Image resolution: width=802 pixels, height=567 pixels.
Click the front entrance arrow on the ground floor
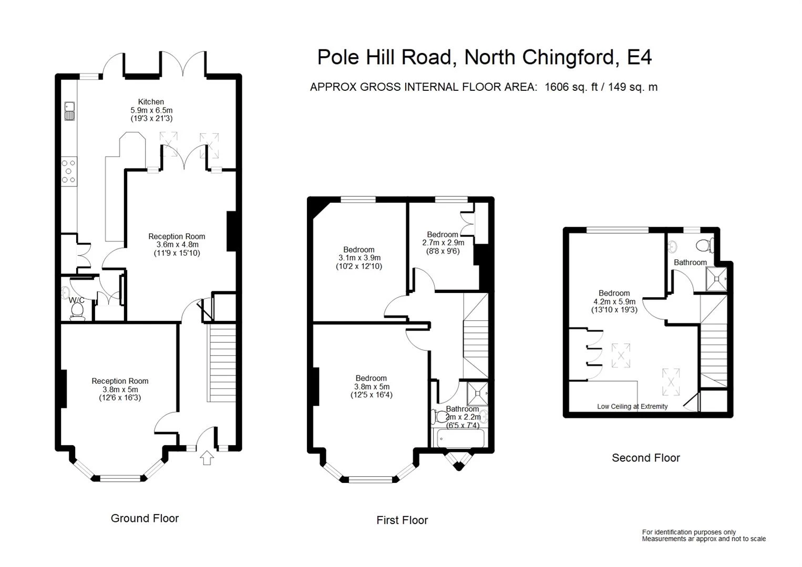coord(208,458)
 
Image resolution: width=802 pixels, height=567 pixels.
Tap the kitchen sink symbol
coord(69,111)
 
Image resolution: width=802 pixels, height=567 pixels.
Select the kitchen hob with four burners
coord(69,172)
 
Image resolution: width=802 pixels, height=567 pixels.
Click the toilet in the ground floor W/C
coord(77,310)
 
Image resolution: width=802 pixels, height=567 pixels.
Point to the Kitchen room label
coord(151,102)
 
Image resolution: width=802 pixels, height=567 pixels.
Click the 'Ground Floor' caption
coord(145,519)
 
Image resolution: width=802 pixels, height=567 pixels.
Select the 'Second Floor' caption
coord(645,458)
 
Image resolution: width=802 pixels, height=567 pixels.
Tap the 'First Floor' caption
coord(402,520)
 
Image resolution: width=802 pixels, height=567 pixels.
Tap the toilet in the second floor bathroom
coord(704,245)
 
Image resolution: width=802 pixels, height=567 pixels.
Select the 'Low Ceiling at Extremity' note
coord(632,406)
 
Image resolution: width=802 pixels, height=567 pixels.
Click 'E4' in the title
coord(640,57)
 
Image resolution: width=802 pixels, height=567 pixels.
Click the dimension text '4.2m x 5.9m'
coord(614,302)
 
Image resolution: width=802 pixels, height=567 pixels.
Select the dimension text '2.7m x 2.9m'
coord(443,243)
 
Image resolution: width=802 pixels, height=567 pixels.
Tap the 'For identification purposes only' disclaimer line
coord(688,532)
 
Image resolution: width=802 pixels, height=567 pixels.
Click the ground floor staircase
coord(223,362)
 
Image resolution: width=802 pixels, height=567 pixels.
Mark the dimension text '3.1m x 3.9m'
coord(359,258)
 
